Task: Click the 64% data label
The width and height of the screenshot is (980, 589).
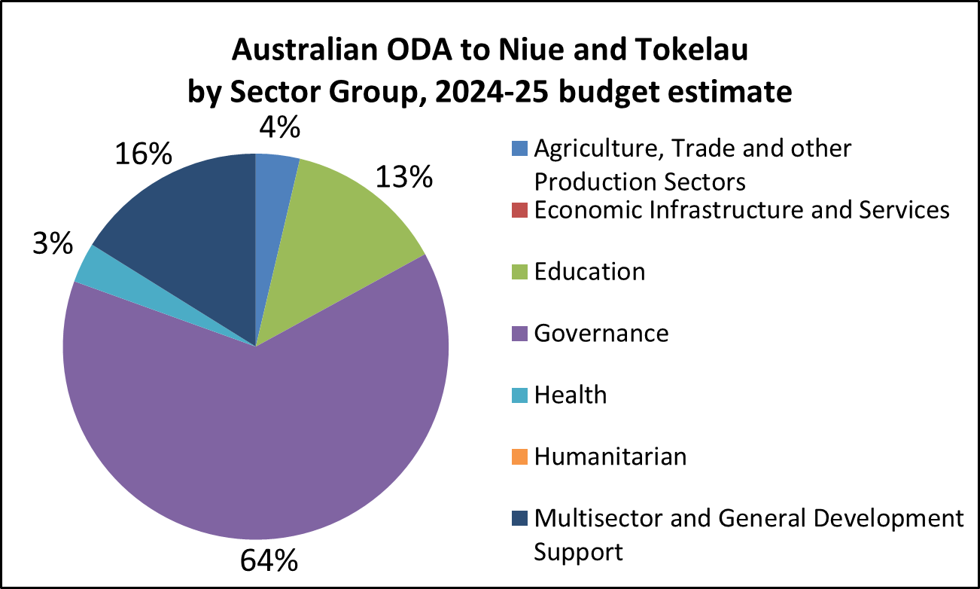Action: pyautogui.click(x=269, y=562)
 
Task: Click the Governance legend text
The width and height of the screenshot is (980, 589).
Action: pyautogui.click(x=601, y=332)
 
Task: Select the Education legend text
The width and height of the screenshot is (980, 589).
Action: pyautogui.click(x=590, y=271)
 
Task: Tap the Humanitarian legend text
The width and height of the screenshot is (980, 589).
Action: pyautogui.click(x=610, y=456)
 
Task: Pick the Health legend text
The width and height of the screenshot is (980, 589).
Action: pyautogui.click(x=571, y=394)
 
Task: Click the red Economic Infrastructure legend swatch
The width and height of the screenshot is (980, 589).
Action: pyautogui.click(x=519, y=209)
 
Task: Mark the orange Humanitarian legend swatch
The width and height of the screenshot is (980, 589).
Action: pyautogui.click(x=519, y=456)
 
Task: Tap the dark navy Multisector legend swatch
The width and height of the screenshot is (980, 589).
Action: pyautogui.click(x=519, y=518)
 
